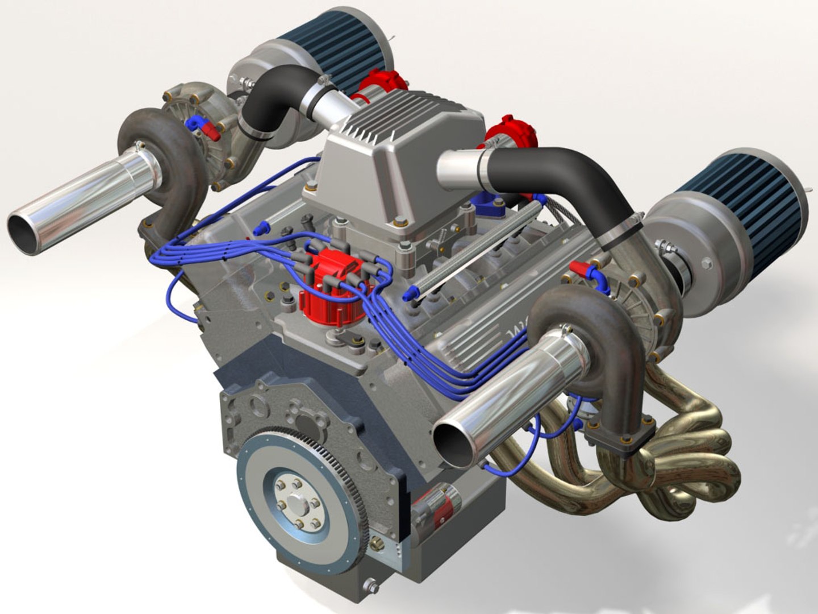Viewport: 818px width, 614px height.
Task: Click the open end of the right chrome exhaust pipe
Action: [x=453, y=441]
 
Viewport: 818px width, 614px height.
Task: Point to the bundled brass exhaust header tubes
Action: [x=682, y=455]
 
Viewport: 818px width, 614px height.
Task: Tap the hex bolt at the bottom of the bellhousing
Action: [x=370, y=586]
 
